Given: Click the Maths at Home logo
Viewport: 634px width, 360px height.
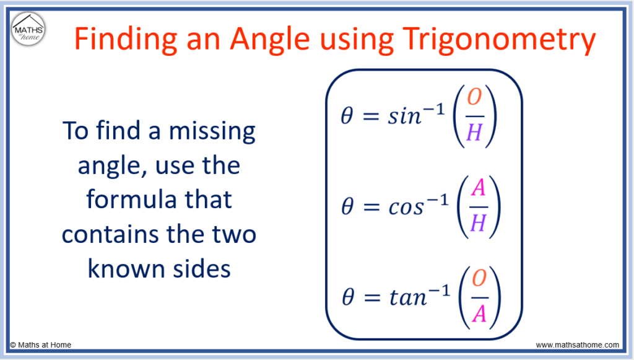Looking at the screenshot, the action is tap(28, 29).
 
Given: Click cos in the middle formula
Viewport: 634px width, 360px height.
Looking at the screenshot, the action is tap(406, 208).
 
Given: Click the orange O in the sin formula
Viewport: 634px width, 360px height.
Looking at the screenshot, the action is tap(475, 97).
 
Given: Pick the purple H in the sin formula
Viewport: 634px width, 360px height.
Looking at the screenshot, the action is tap(475, 132).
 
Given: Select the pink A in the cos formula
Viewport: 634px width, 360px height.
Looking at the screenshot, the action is tap(478, 188).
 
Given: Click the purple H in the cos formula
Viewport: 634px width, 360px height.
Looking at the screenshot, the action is tap(479, 222).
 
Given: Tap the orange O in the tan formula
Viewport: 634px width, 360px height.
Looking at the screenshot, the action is tap(479, 278).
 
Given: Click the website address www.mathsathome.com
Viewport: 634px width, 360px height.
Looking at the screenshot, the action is tap(578, 345).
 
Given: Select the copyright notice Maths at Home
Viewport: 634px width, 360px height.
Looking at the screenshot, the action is tap(40, 345).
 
